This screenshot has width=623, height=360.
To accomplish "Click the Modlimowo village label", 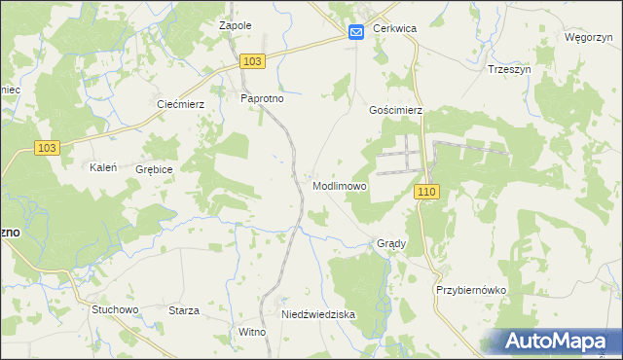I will coord(340,186).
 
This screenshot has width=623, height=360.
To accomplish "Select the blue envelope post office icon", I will coord(355,32).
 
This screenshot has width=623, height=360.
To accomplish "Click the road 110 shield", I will coord(425,193).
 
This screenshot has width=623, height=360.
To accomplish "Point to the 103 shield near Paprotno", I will coord(252,61).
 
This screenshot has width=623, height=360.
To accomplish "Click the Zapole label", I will coord(236,25).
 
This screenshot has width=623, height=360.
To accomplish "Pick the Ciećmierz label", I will coord(179,104).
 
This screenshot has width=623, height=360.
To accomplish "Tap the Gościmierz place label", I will coord(396,111).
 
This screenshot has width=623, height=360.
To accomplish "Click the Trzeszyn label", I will coord(507,70).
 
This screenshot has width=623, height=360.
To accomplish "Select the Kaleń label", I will coord(103,167).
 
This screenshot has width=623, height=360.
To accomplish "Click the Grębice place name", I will coord(155,169).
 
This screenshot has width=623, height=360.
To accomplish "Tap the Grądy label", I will coord(391,243).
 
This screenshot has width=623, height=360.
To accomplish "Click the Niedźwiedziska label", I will coord(318,315).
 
